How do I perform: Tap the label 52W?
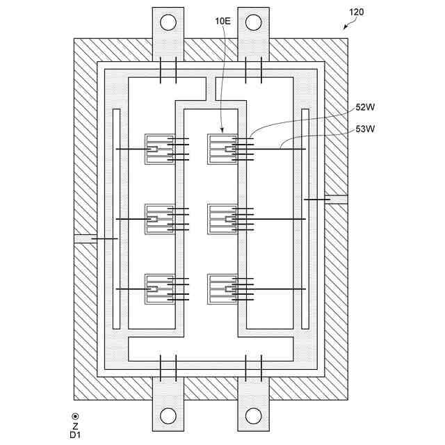coord(365,108)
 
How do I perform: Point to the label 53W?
coord(365,128)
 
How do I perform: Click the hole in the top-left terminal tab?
coord(168,22)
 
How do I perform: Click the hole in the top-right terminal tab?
coord(253,22)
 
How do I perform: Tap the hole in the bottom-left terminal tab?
coord(168,416)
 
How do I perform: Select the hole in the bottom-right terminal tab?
coord(253,416)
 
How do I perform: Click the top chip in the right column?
coord(222,149)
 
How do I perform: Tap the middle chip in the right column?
coord(222,219)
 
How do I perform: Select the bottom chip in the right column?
coord(222,289)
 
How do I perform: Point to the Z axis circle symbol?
coord(75,416)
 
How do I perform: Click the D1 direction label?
coord(75,435)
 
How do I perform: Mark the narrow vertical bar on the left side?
coord(116,219)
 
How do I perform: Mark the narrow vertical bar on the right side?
coord(305,219)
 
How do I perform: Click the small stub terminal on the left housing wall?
coord(82,238)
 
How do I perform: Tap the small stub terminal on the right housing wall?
coord(338,200)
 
